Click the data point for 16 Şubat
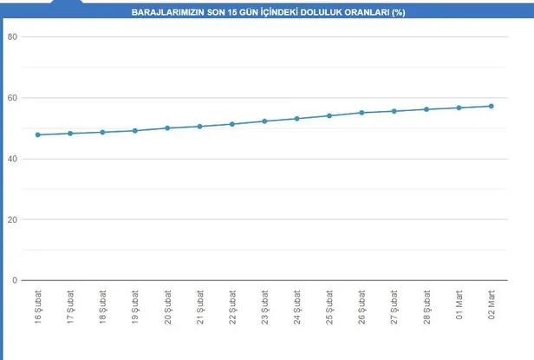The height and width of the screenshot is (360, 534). (x=37, y=134)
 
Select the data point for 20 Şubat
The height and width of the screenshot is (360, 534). (x=167, y=128)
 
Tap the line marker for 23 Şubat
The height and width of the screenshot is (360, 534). (x=264, y=121)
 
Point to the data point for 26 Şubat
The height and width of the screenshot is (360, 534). (x=361, y=113)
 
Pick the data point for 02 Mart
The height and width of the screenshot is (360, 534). (x=491, y=106)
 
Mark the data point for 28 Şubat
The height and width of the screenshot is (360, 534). (x=427, y=109)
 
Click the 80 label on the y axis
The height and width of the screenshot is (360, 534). (x=12, y=36)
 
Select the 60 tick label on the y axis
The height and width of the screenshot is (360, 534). (x=12, y=97)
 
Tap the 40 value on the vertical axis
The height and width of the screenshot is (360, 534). (x=12, y=159)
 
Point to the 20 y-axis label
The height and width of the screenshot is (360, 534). (x=12, y=219)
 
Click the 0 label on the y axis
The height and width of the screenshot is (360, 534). (x=15, y=280)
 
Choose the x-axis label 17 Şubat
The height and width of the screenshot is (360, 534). (x=70, y=307)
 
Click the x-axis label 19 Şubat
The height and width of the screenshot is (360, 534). (x=135, y=307)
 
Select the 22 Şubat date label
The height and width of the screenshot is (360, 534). (x=232, y=307)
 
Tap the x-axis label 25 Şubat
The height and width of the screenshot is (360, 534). (x=329, y=307)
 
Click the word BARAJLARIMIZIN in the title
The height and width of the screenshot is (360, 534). (x=166, y=14)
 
